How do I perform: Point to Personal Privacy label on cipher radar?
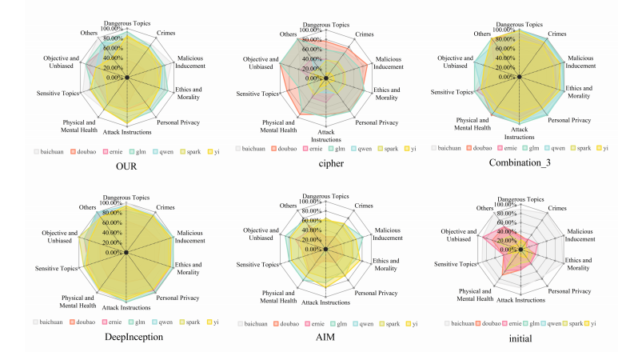pos(377,122)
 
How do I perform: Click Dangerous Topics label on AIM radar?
pos(326,196)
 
